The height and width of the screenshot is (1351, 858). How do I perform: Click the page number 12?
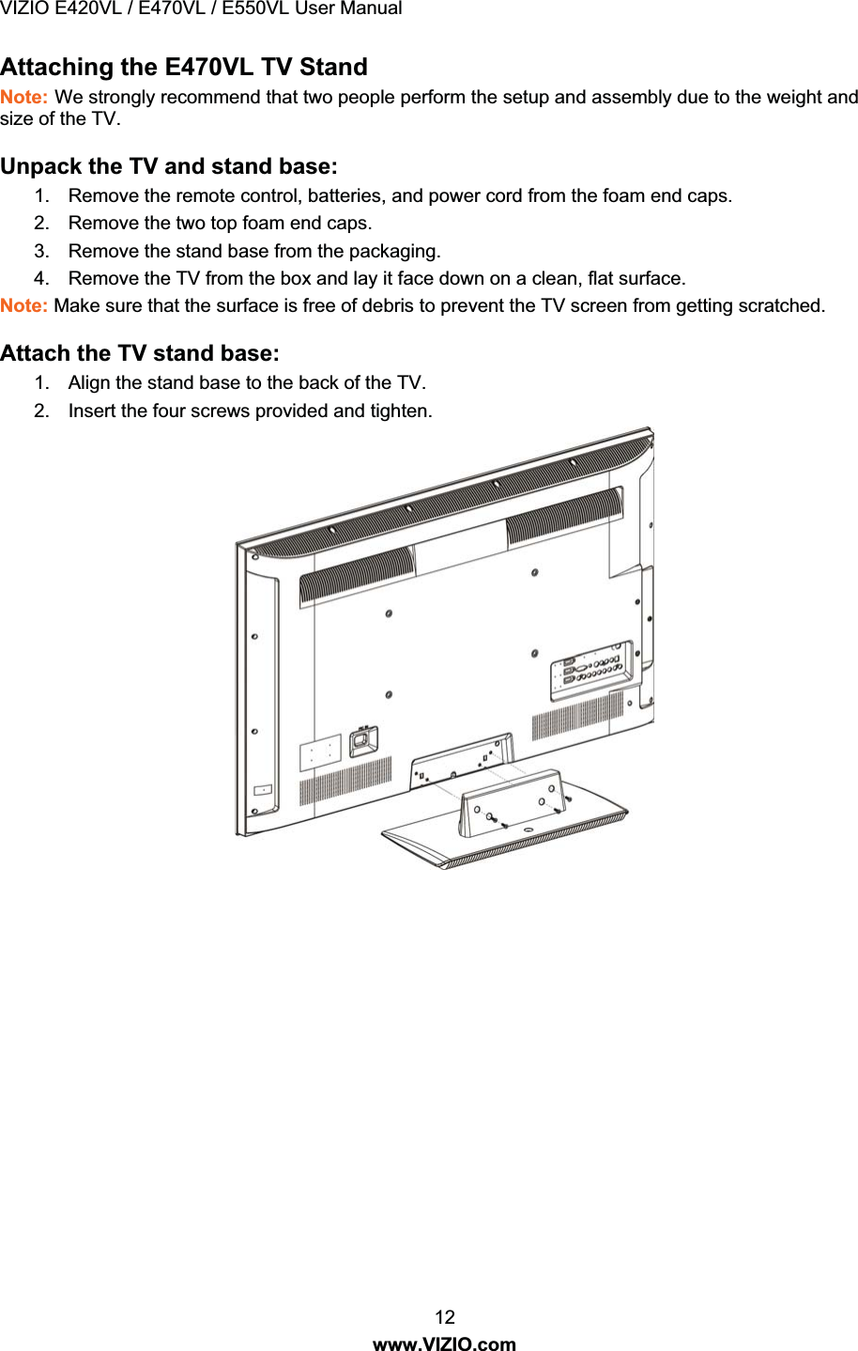(x=444, y=1317)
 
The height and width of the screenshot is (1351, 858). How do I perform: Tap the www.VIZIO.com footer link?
(x=444, y=1343)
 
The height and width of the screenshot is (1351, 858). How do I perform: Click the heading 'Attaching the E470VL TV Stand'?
(x=184, y=67)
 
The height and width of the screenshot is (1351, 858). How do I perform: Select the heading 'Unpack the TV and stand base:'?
(x=169, y=166)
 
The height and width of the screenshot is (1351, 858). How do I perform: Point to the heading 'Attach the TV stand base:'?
(x=140, y=353)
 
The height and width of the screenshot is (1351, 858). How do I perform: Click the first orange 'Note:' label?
(x=24, y=97)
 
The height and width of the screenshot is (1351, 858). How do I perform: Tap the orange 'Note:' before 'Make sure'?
(x=24, y=305)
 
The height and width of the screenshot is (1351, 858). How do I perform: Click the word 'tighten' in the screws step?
(x=400, y=411)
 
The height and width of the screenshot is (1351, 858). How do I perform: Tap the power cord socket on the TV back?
(x=362, y=741)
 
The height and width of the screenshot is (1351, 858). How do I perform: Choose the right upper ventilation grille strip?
(x=564, y=519)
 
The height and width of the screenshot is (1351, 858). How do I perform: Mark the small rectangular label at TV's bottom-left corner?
(x=264, y=790)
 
